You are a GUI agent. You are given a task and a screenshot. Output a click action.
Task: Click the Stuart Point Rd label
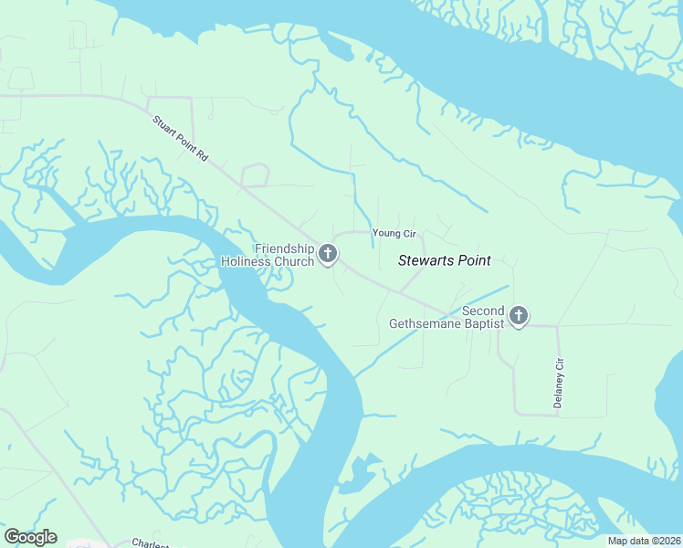[x=181, y=139]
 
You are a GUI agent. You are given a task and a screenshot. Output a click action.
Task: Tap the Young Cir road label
[x=394, y=234]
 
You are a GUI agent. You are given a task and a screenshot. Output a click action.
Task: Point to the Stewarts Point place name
[x=444, y=260]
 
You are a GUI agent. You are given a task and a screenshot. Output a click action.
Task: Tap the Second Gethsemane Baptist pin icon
[x=518, y=316]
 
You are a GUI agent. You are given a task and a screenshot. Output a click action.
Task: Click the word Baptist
[x=482, y=323]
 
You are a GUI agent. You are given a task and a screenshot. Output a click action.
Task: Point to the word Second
[x=483, y=311]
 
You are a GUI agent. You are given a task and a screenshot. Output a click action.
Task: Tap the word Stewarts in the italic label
[x=425, y=260]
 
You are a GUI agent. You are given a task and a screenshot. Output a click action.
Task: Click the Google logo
[x=30, y=537]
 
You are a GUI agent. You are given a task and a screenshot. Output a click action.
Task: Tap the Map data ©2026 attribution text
[x=643, y=541]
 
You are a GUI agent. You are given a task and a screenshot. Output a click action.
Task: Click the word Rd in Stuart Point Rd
[x=203, y=157]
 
